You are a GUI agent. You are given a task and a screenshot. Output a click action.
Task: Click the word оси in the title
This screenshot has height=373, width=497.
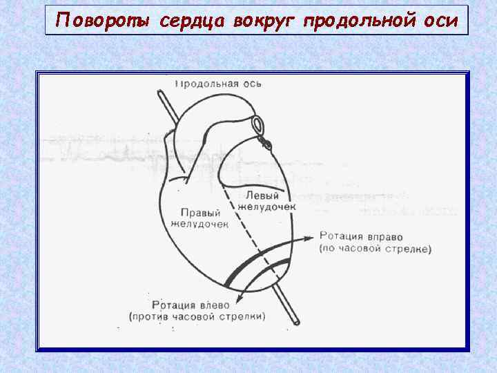pos(440,21)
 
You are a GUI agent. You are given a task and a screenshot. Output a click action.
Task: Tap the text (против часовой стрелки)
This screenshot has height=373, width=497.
pos(196,316)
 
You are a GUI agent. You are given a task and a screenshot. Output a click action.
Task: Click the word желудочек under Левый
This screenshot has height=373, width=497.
pos(266,207)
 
